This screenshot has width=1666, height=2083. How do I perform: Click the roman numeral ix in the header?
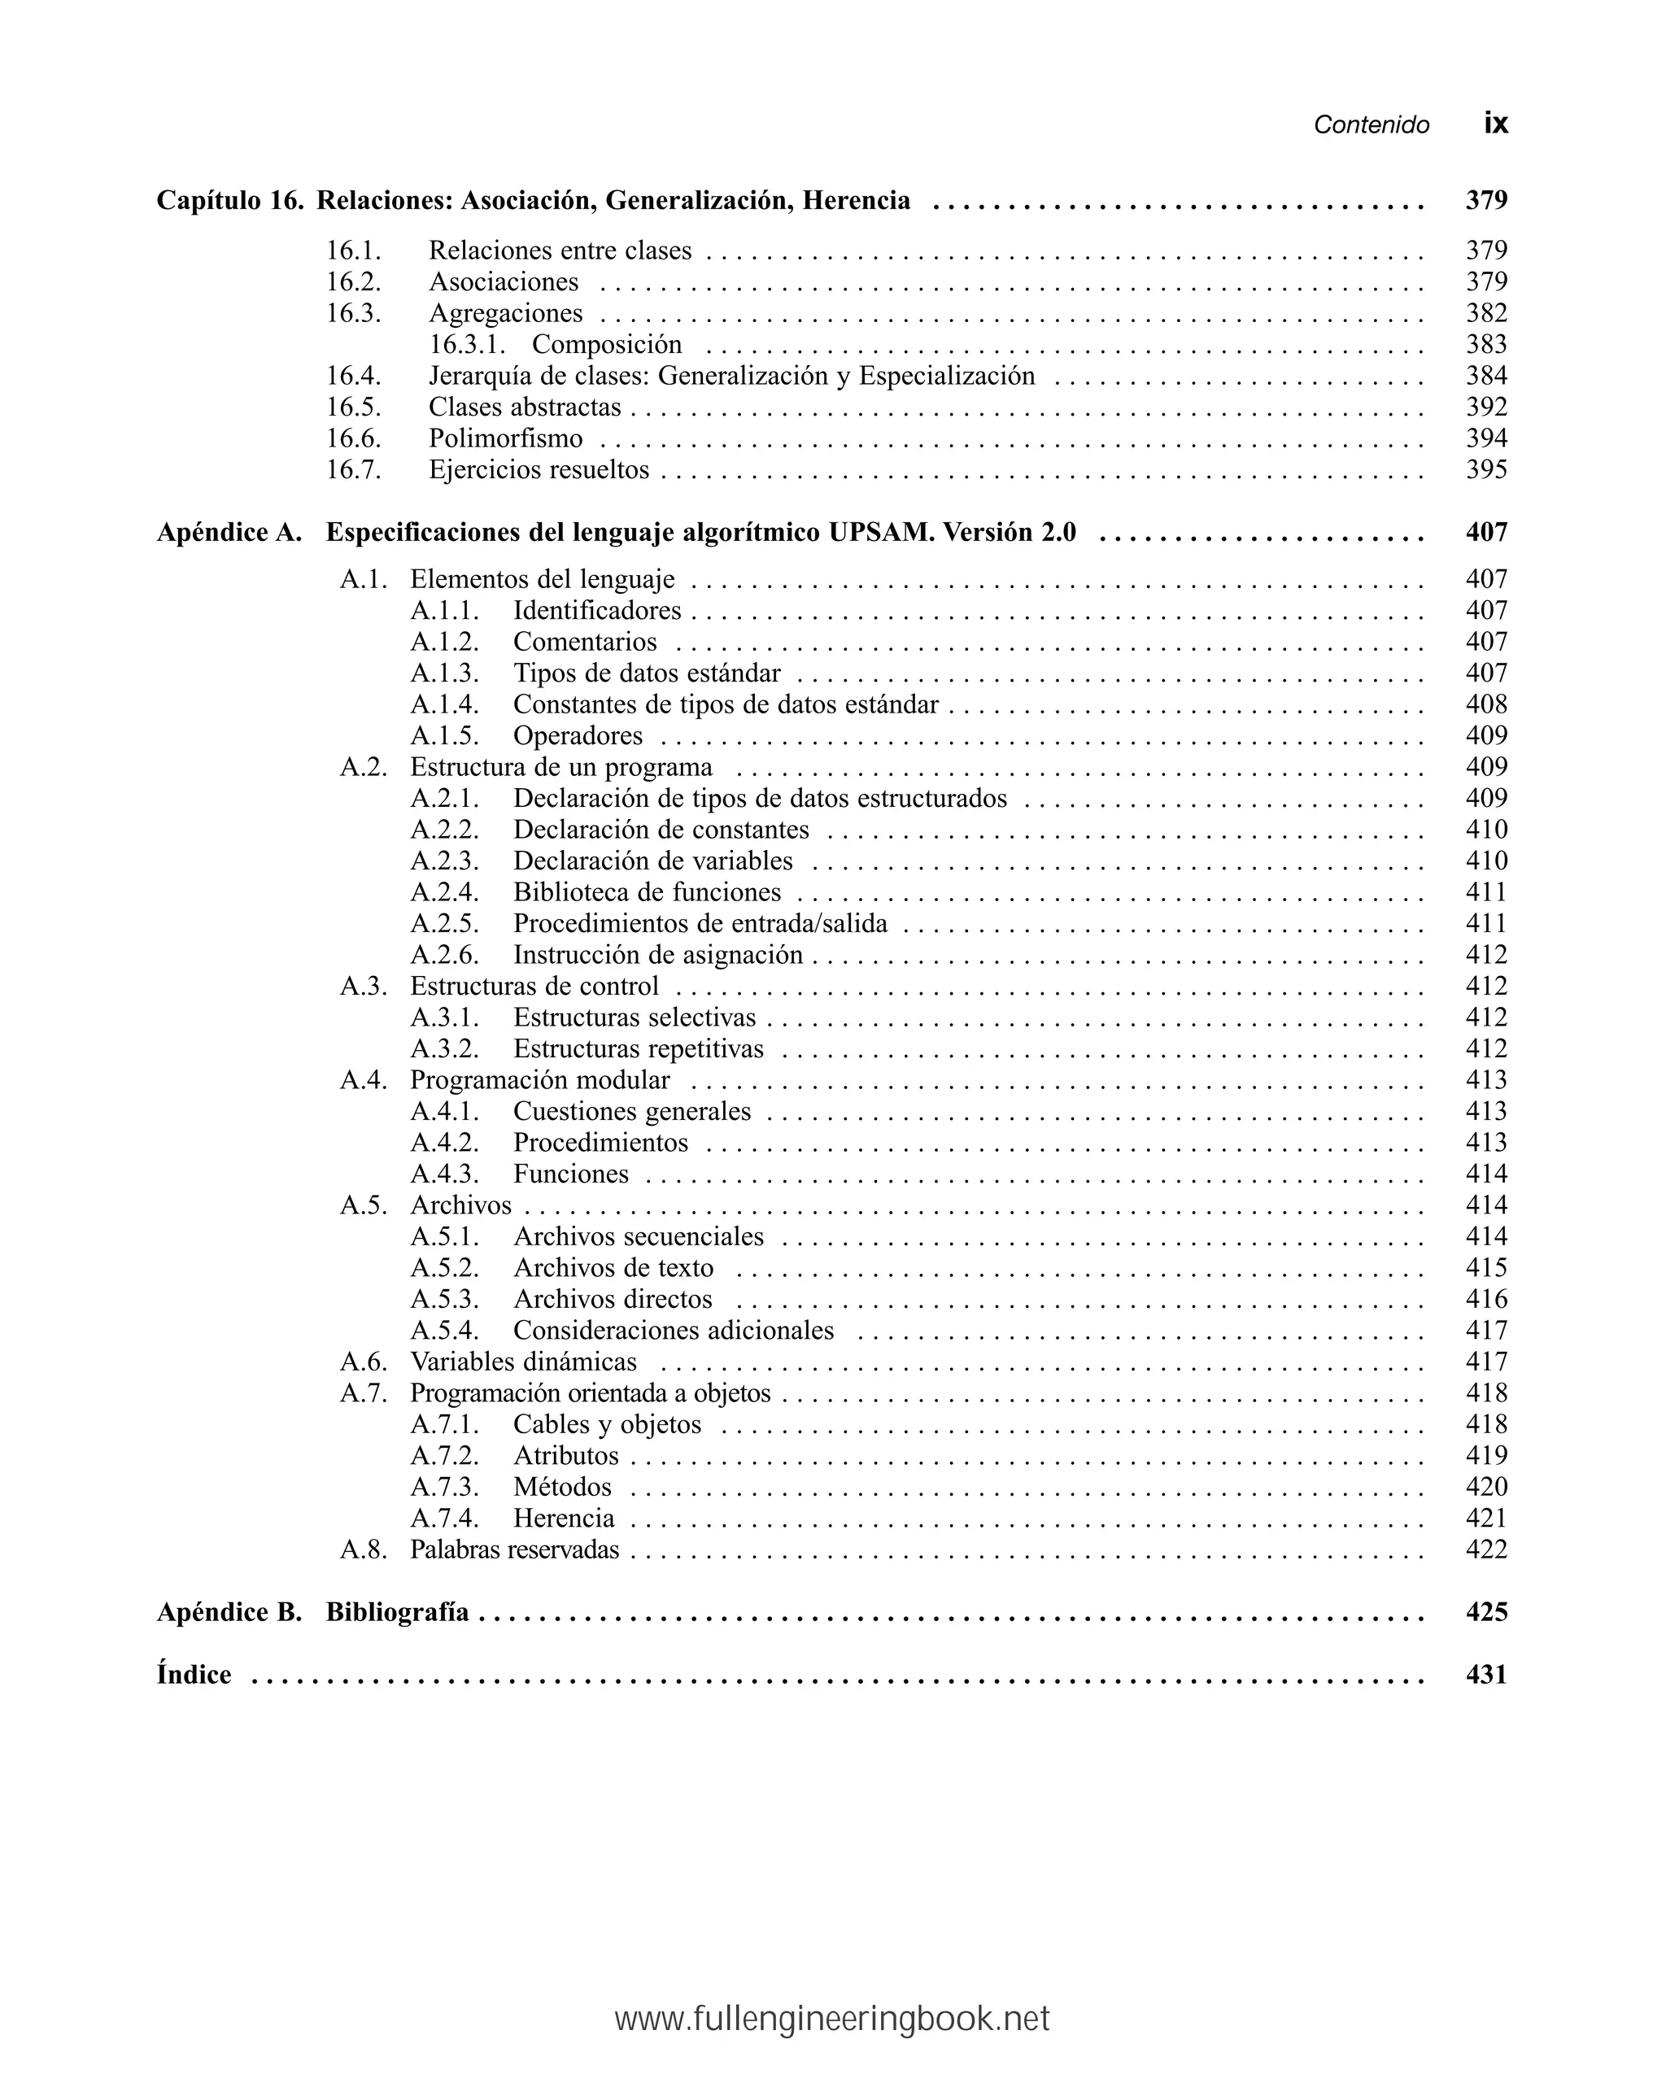(1495, 124)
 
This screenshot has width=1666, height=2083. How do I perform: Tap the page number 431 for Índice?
(1485, 1675)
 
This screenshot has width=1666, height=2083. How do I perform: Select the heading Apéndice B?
(229, 1611)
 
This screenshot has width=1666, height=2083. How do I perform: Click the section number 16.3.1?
(468, 344)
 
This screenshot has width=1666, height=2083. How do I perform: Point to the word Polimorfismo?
(505, 438)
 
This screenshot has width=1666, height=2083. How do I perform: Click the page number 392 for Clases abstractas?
(1485, 407)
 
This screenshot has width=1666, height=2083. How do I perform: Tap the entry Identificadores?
(596, 611)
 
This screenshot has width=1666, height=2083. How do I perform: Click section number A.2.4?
(444, 891)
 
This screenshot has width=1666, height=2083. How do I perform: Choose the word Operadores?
(577, 735)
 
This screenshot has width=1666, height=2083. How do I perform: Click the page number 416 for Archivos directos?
(1485, 1298)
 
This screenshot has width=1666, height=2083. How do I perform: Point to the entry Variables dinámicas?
(523, 1362)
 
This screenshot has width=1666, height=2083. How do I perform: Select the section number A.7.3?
(444, 1486)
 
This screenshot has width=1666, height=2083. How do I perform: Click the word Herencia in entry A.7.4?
(564, 1518)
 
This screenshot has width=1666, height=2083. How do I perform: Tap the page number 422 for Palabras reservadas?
(1485, 1549)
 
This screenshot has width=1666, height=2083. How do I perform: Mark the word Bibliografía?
(397, 1611)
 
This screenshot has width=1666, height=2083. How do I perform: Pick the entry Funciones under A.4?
(570, 1174)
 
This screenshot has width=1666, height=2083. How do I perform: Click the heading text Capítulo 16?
(229, 200)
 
